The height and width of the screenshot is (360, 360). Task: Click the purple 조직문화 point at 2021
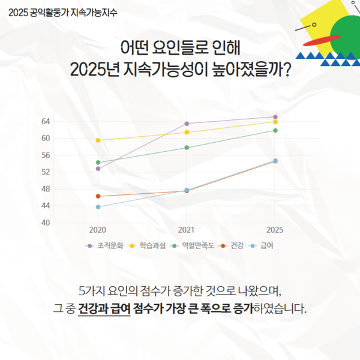pos(187,124)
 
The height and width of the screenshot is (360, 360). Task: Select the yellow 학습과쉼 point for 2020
pos(98,140)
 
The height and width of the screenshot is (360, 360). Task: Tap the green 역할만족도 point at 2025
pos(275,130)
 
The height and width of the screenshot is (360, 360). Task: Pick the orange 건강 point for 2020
pos(98,196)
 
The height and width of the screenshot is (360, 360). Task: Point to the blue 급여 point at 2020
pos(98,207)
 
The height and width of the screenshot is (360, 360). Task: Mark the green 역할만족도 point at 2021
pos(187,148)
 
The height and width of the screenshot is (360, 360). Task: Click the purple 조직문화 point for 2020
pos(98,169)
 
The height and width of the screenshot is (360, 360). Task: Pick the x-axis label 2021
pos(187,230)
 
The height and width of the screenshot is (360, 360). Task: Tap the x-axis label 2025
pos(275,230)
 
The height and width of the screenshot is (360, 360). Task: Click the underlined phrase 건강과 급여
pos(104,311)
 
